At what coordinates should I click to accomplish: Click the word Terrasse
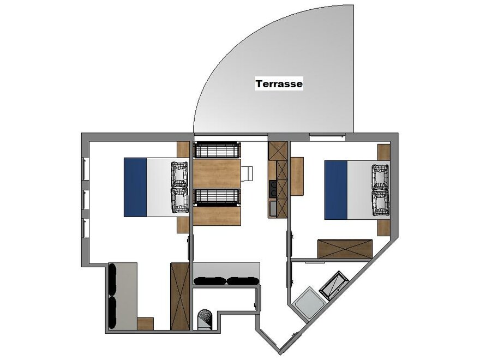point(279,83)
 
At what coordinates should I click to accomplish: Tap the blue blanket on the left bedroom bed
point(135,187)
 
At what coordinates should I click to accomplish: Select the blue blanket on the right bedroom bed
point(336,190)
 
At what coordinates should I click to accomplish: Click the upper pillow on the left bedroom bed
point(179,174)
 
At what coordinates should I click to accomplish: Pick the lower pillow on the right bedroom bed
point(381,203)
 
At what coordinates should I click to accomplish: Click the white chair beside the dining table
point(247,173)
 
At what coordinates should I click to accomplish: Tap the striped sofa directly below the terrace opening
point(217,150)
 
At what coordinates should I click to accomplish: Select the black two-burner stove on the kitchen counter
point(272,189)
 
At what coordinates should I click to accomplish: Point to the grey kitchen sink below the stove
point(272,208)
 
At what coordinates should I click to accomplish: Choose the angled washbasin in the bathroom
point(334,285)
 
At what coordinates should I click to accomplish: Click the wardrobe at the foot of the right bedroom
point(345,249)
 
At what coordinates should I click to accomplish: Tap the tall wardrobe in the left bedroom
point(180,296)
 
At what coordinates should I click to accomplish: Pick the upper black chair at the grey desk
point(112,279)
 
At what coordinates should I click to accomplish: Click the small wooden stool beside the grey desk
point(145,323)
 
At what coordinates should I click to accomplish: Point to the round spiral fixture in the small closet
point(205,320)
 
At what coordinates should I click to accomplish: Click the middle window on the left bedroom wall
point(86,200)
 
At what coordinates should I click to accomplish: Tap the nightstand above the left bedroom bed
point(183,149)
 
